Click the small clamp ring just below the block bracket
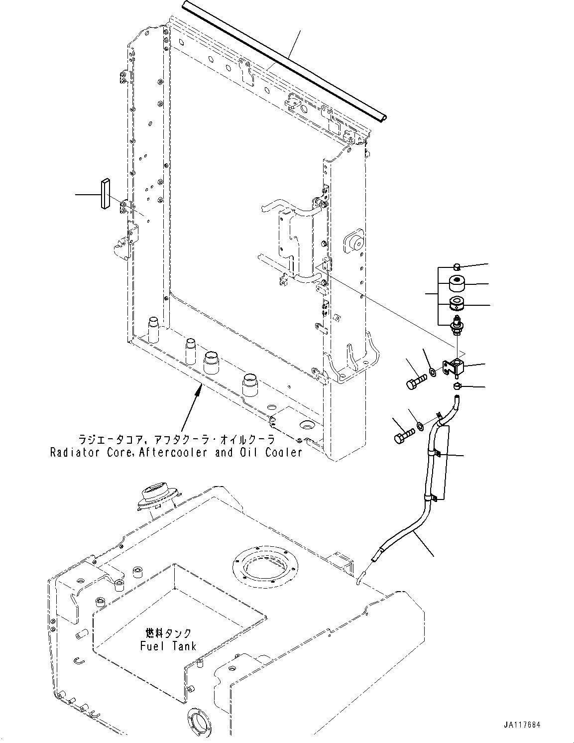pyautogui.click(x=457, y=386)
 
